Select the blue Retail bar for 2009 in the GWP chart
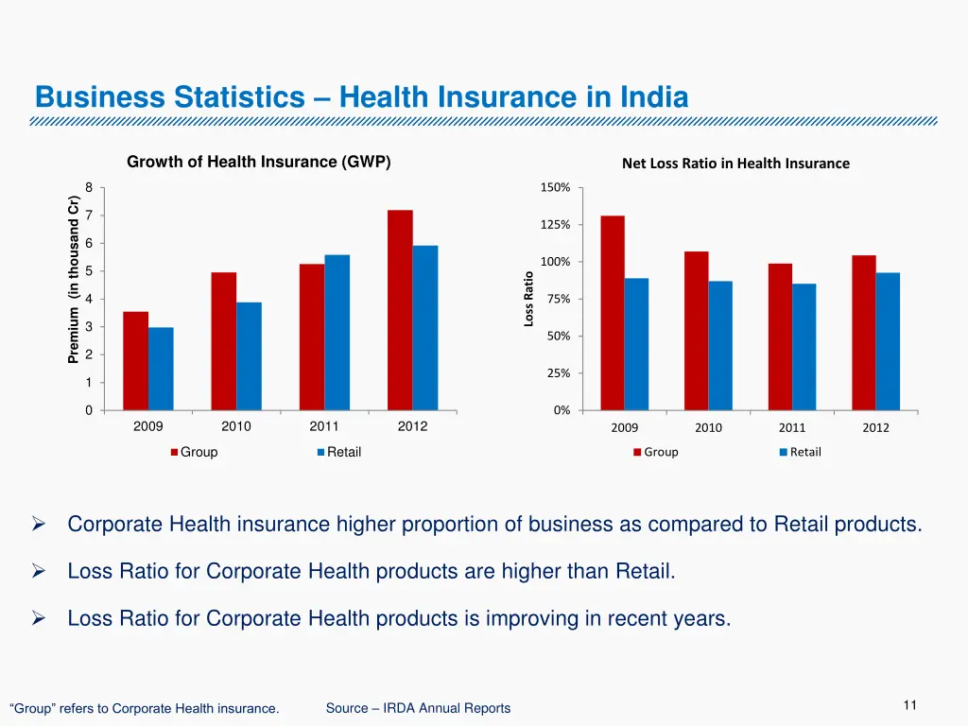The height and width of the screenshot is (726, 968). tap(161, 369)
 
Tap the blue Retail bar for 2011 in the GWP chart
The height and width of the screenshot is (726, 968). tap(337, 332)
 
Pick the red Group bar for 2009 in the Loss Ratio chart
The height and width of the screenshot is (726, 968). tap(613, 313)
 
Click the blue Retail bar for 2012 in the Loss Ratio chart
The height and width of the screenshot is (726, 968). tap(888, 341)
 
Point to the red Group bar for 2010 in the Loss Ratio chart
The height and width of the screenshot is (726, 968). tap(697, 331)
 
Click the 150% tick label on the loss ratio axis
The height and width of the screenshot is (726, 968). tap(555, 188)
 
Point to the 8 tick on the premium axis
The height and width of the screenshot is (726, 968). tap(89, 188)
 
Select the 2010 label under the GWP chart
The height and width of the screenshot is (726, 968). tap(236, 426)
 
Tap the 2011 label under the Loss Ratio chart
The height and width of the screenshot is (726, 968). tap(792, 428)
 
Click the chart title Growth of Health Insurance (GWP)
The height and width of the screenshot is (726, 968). tap(259, 162)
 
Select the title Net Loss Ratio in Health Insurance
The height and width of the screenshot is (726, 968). tap(735, 164)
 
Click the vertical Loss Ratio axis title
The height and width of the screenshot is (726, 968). tap(529, 299)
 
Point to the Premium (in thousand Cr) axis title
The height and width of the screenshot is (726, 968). tap(73, 279)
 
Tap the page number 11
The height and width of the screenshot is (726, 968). tap(910, 705)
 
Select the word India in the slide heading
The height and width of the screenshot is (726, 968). tap(654, 97)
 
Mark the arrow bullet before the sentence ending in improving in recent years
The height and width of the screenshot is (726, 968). tap(39, 619)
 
